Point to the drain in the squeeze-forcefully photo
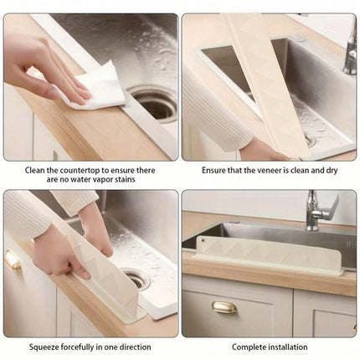(x=136, y=279)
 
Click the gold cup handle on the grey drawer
(x=224, y=307)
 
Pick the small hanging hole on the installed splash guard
(x=203, y=239)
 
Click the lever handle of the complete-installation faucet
(x=332, y=207)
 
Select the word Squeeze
(x=44, y=347)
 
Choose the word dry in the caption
(x=332, y=171)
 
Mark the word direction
(x=136, y=347)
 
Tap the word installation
(x=288, y=347)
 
